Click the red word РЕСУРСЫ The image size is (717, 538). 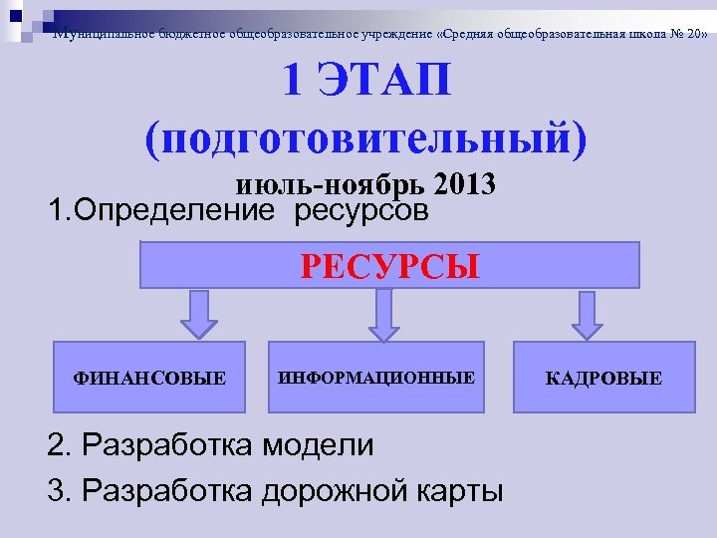click(389, 267)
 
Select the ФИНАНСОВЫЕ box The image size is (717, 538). click(149, 377)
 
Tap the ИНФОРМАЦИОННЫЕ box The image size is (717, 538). click(375, 377)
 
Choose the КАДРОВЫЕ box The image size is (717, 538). click(603, 377)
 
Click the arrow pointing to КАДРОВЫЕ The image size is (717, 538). click(589, 315)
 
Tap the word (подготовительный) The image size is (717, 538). click(366, 137)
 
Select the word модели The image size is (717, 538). click(318, 444)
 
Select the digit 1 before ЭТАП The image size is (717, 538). click(295, 81)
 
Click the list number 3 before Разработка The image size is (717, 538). click(56, 490)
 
